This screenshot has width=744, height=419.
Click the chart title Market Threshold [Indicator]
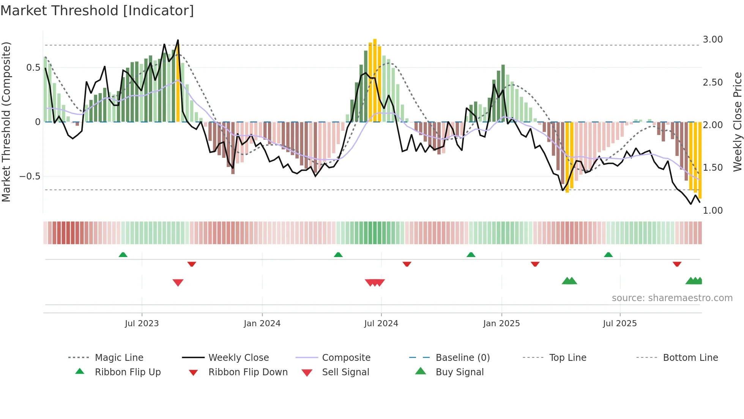[x=97, y=11]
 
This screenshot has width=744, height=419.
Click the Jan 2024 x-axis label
[x=262, y=324]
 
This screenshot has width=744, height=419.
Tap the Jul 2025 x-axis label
[x=619, y=324]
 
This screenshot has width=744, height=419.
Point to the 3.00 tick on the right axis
[x=712, y=40]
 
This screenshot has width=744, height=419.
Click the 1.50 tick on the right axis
[x=712, y=168]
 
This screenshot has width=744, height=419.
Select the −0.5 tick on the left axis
[x=30, y=176]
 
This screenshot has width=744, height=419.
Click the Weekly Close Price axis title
[x=737, y=122]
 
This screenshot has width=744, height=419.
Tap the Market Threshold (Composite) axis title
[x=6, y=122]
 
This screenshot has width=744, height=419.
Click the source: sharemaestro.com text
[x=672, y=298]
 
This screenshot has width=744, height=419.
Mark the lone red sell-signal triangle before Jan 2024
[x=178, y=283]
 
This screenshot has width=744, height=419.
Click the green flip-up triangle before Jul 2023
[x=123, y=255]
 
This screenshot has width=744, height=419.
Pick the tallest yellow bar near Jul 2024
[x=375, y=80]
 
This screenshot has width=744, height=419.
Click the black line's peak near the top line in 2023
[x=178, y=40]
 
